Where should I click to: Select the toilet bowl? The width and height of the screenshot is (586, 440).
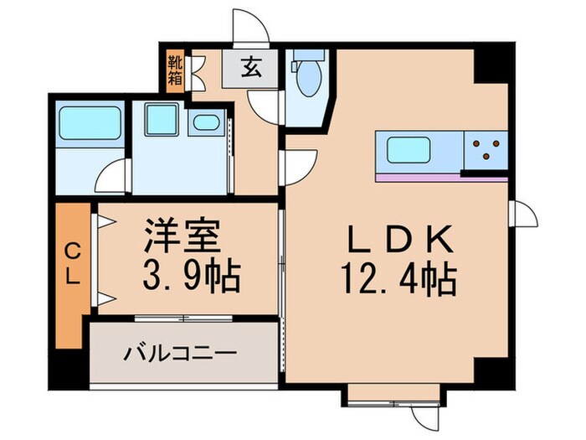click(x=308, y=79)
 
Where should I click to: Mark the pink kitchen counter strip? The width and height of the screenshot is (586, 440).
click(x=441, y=178)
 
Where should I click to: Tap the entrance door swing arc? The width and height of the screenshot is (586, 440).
click(x=251, y=25)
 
